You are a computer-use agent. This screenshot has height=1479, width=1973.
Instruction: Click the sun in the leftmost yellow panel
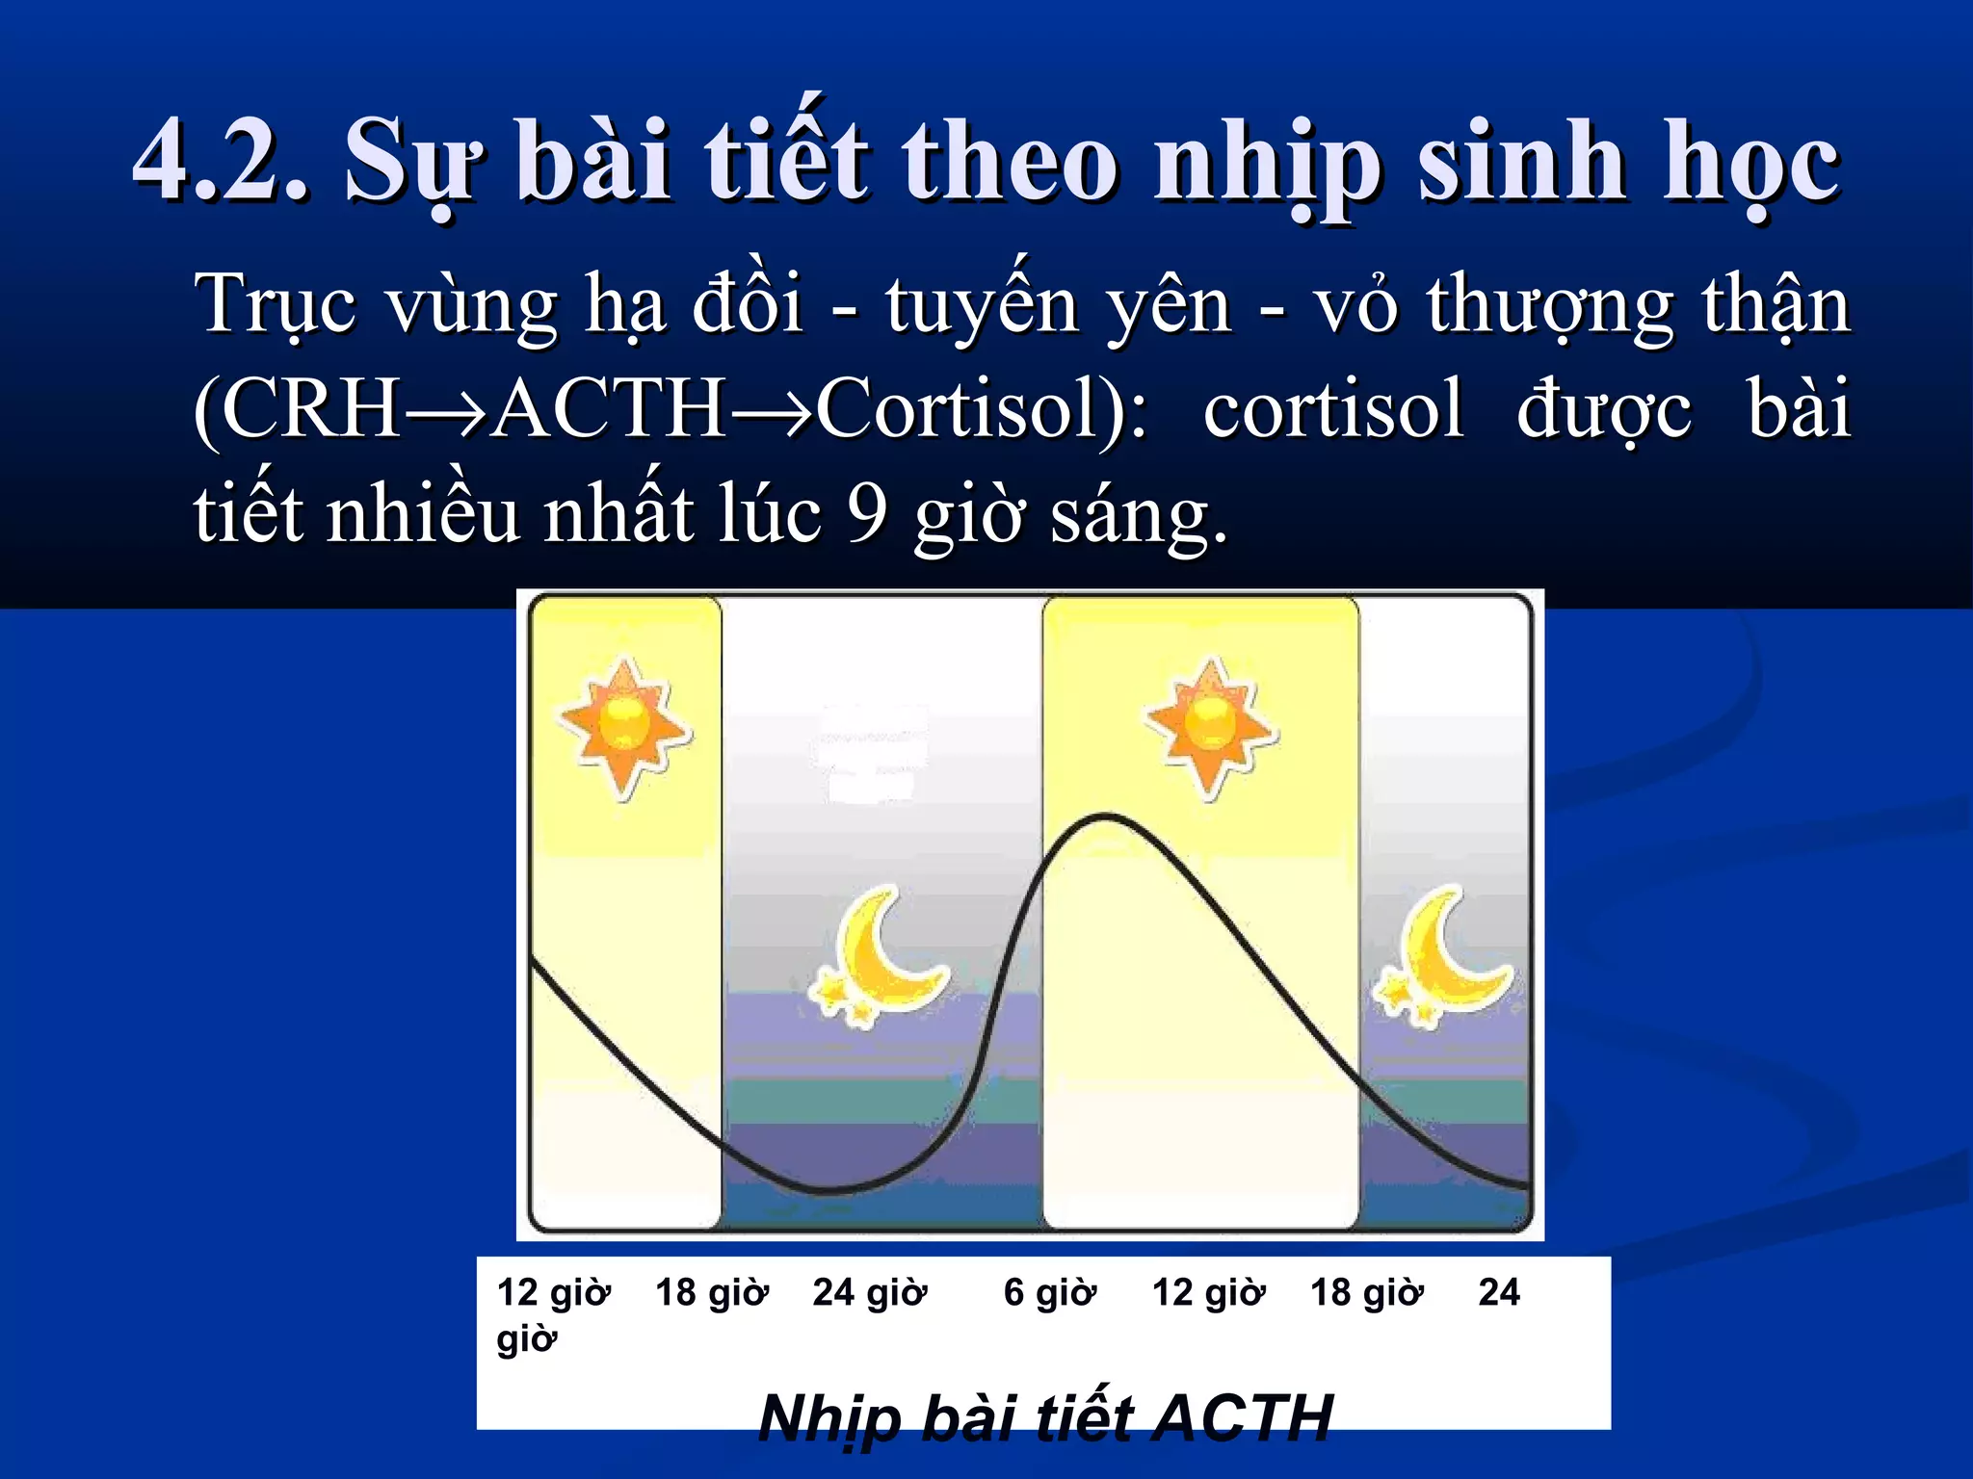(x=624, y=728)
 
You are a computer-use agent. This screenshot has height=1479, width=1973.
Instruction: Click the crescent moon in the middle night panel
(x=879, y=958)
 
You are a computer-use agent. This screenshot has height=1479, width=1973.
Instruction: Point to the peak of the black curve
(x=1106, y=817)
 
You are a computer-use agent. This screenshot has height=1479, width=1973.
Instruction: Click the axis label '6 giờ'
(x=1049, y=1292)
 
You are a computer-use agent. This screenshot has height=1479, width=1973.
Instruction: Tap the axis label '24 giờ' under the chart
(x=869, y=1292)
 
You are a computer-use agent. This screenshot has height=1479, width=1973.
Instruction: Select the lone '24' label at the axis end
(x=1498, y=1292)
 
